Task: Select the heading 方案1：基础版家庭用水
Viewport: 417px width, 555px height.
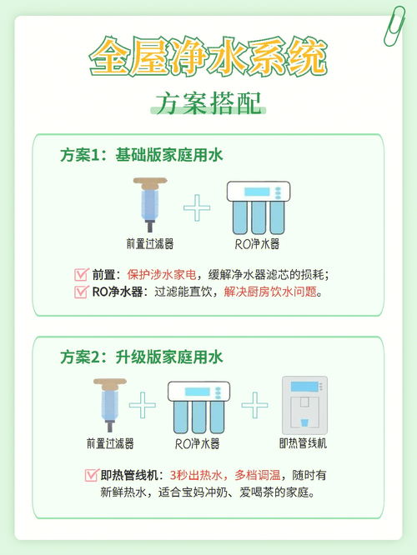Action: (x=141, y=156)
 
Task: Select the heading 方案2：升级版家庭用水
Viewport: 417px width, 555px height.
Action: (x=141, y=357)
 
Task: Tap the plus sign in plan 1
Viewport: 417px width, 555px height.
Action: (x=197, y=208)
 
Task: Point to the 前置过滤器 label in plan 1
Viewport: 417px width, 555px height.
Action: (x=150, y=243)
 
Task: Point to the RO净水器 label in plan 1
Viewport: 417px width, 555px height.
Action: (x=257, y=243)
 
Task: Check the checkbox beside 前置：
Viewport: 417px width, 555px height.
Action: (x=81, y=274)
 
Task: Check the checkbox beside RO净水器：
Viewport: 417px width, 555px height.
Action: (x=81, y=292)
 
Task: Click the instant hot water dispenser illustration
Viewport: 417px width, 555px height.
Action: (x=304, y=406)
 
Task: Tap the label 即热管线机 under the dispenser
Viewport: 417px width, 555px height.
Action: (x=304, y=443)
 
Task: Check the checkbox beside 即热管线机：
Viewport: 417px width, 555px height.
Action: (x=91, y=475)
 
